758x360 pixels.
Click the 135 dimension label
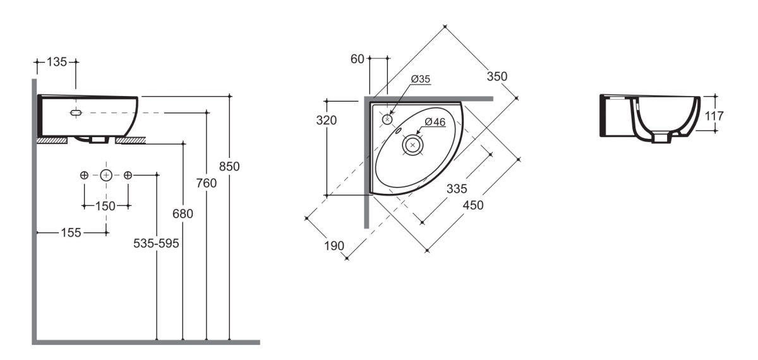(x=56, y=62)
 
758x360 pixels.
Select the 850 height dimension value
(x=229, y=167)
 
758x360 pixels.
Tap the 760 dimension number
(x=206, y=183)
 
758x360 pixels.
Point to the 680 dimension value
(x=183, y=214)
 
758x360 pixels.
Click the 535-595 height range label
(x=156, y=243)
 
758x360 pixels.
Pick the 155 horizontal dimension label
(x=71, y=233)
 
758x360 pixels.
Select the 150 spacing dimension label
(x=105, y=206)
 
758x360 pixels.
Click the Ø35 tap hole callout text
(x=420, y=79)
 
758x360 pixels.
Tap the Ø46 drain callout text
(x=435, y=122)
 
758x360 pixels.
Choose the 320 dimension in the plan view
(x=326, y=120)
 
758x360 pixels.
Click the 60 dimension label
(x=357, y=59)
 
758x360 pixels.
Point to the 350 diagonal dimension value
(x=496, y=76)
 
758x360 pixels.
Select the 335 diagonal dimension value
(x=457, y=188)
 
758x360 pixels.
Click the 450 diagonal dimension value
(x=472, y=205)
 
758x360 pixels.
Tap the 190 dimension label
(x=334, y=246)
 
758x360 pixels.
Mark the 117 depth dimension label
(x=714, y=116)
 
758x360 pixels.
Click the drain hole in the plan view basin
(x=412, y=145)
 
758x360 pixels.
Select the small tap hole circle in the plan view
(x=387, y=119)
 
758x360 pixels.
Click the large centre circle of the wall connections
(x=106, y=176)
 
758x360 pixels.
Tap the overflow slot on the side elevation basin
(x=76, y=112)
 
